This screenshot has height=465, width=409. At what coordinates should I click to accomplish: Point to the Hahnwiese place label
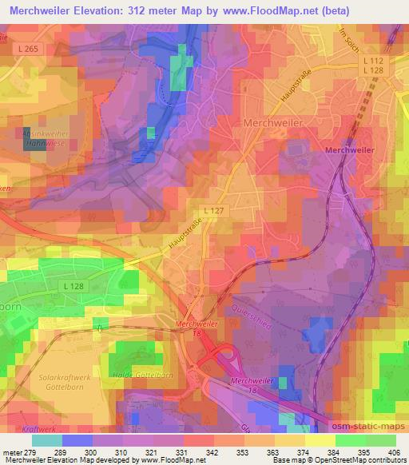[34, 145]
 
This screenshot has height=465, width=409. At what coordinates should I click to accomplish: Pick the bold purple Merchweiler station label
[349, 149]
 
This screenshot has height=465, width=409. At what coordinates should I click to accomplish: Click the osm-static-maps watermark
[366, 425]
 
